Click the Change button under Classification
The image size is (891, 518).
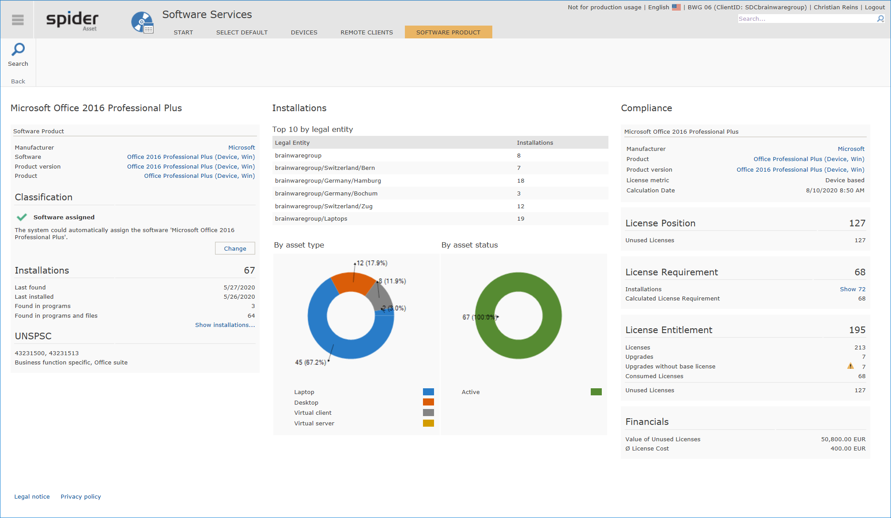click(x=235, y=248)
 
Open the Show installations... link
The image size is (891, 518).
click(x=225, y=325)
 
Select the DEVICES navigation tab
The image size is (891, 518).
click(x=304, y=32)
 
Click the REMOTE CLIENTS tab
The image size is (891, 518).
click(x=366, y=32)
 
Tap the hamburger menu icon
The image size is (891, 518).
click(x=18, y=20)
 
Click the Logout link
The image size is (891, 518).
click(x=875, y=7)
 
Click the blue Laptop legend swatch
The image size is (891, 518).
click(x=428, y=392)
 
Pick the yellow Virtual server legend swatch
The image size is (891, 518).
click(x=428, y=423)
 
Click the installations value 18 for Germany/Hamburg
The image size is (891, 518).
click(x=521, y=180)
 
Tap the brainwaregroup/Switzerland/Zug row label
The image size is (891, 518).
click(x=324, y=206)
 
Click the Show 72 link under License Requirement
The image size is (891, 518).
click(x=853, y=289)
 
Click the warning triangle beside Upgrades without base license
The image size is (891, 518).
click(x=850, y=366)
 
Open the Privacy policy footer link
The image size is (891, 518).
click(x=81, y=496)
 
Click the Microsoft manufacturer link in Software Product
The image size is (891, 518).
click(x=242, y=147)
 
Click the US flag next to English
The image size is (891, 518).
click(x=676, y=7)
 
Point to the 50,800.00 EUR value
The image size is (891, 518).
click(x=843, y=439)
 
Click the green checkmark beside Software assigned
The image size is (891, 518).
click(x=22, y=217)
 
